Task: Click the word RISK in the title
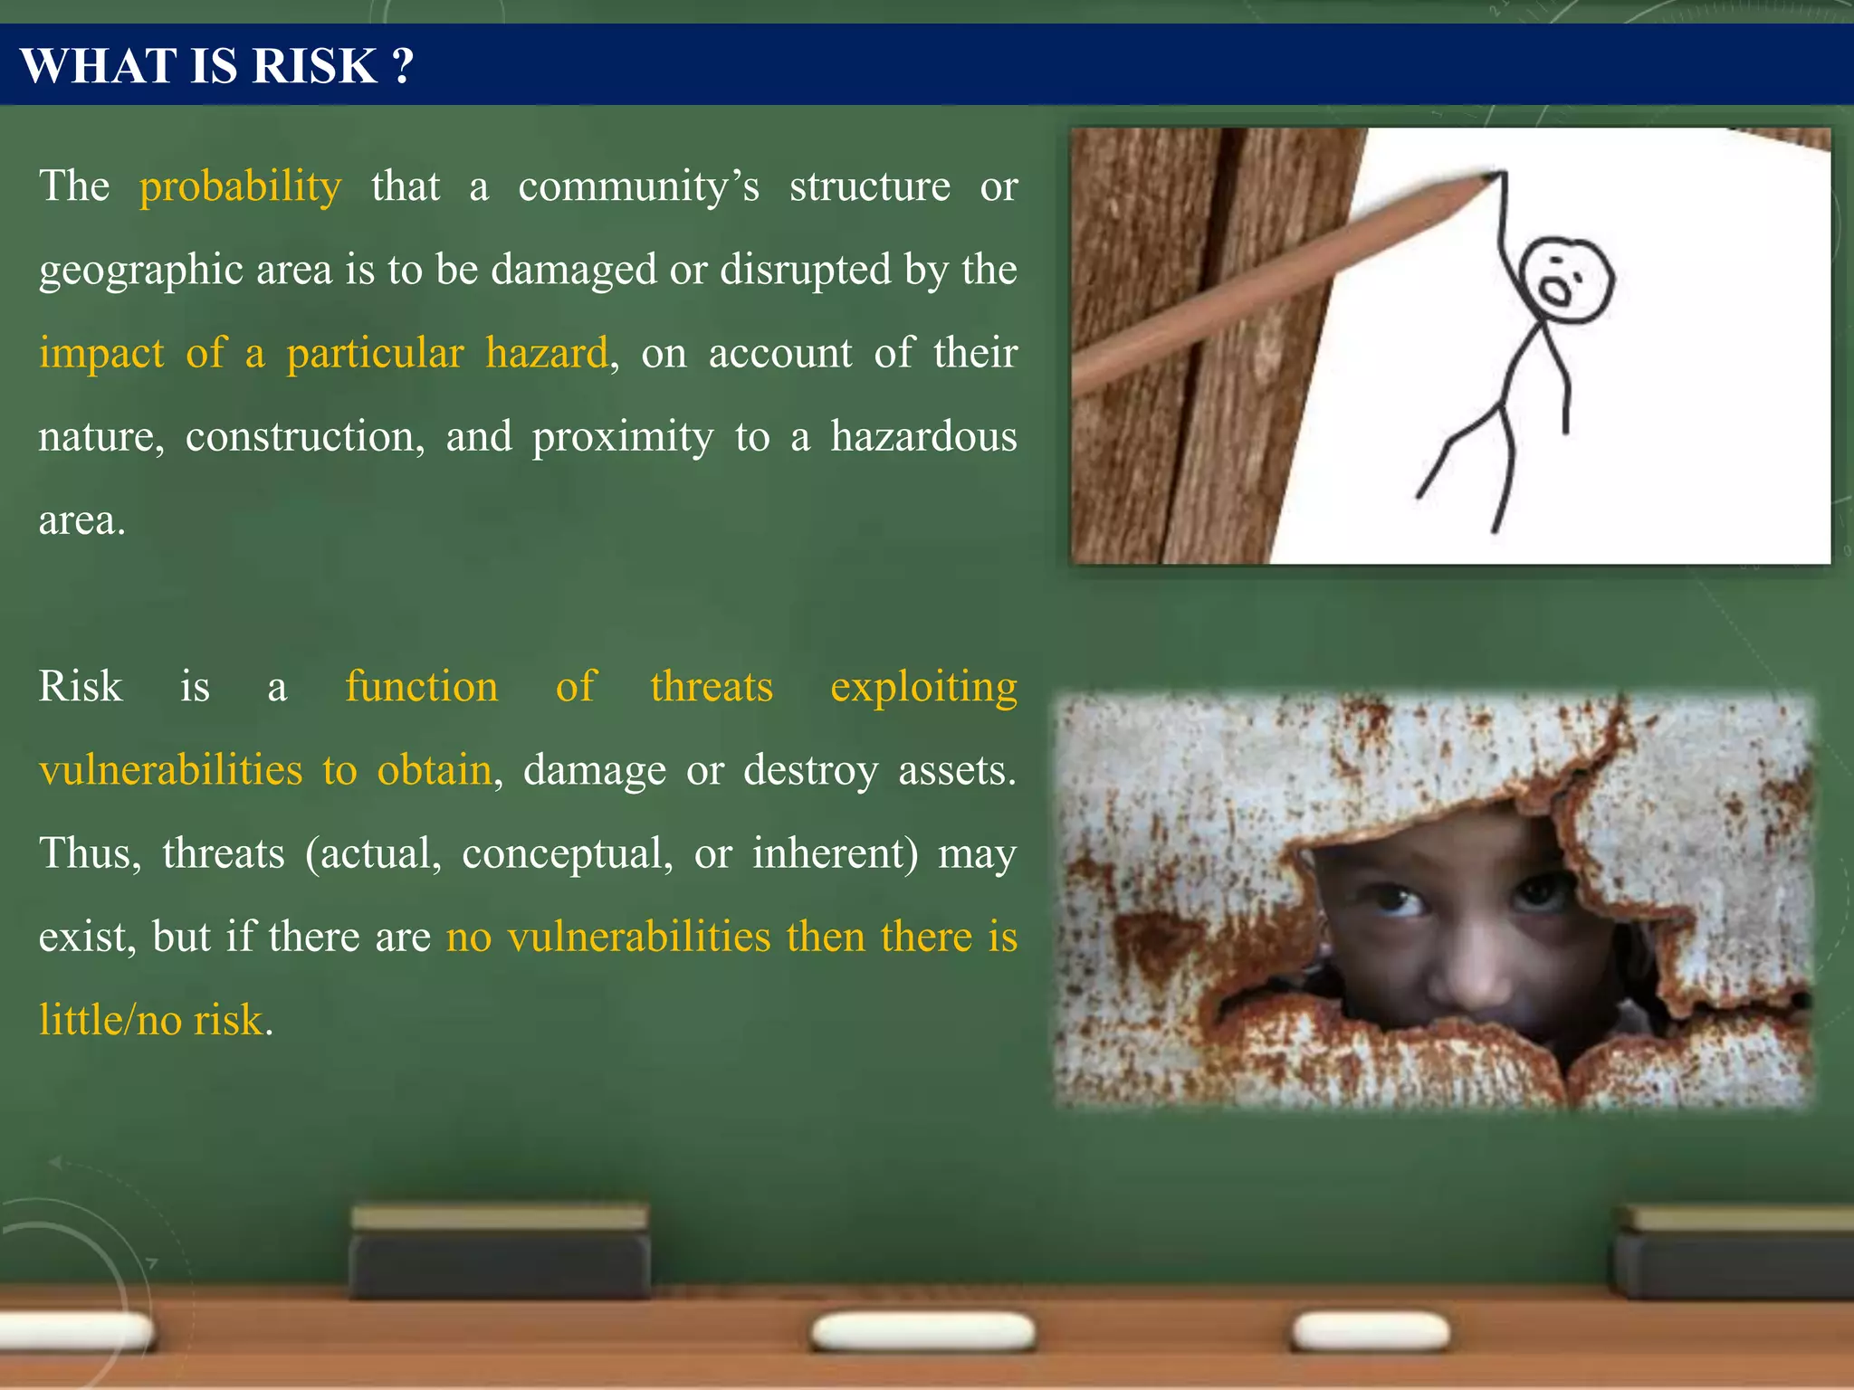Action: [x=314, y=66]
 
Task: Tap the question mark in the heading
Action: [x=403, y=66]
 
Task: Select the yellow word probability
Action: [x=240, y=186]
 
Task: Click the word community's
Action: [x=638, y=186]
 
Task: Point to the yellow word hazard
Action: [x=546, y=353]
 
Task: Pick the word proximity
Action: [x=623, y=437]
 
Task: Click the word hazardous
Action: [x=923, y=436]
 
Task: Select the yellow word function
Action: [x=421, y=686]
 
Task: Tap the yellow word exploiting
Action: [x=923, y=687]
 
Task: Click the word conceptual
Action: [x=567, y=853]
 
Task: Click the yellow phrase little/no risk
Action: [x=150, y=1020]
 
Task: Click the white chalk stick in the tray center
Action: [x=923, y=1332]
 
